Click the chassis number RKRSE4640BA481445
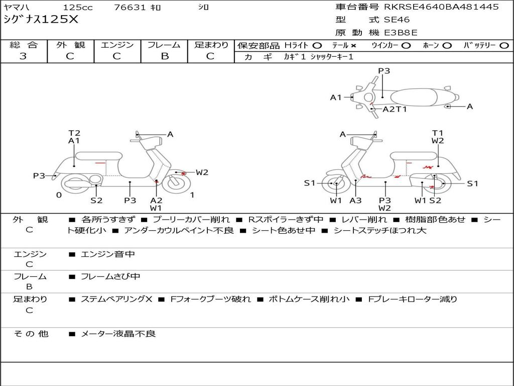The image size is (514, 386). pos(441,7)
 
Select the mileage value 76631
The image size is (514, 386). pos(130,8)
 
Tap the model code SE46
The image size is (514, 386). pos(397,20)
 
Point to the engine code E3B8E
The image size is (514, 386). pos(401,33)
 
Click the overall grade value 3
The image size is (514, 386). pos(23,56)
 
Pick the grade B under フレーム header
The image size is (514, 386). pos(164,56)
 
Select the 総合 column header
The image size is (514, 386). pos(24,45)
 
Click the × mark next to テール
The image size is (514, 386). pos(353,46)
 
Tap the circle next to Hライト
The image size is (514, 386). pos(317,46)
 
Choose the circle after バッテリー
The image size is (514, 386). pos(504,46)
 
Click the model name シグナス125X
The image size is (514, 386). pos(41,20)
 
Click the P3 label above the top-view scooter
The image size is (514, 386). pos(384,71)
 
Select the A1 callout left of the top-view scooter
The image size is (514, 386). pos(336,98)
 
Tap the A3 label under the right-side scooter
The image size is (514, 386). pos(355,201)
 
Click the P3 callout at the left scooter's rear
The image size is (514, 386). pos(39,176)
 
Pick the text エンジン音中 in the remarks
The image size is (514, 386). pos(108,254)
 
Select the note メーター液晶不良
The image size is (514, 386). pos(118,333)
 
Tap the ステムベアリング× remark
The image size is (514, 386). pos(116,299)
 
